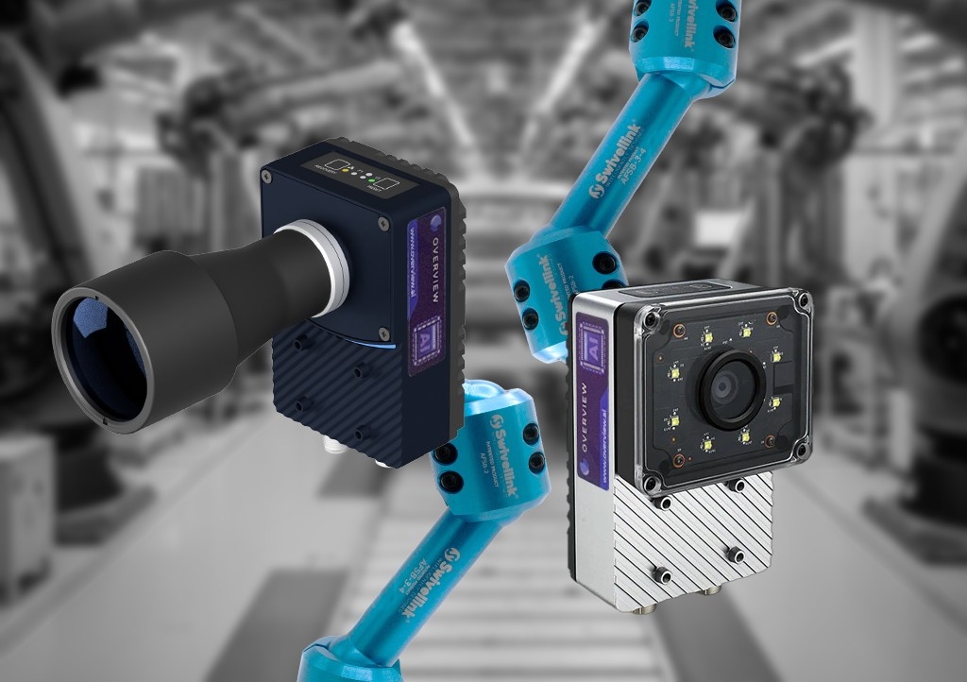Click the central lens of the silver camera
[x=725, y=382]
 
